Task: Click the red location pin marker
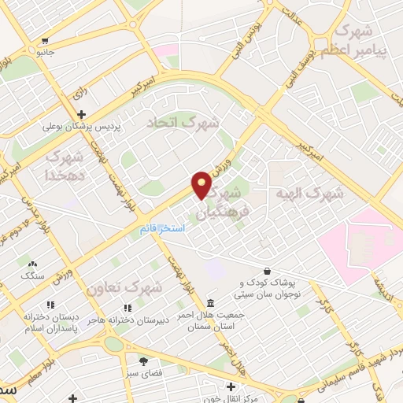202,184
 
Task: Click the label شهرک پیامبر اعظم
364,39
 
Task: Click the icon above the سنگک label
32,264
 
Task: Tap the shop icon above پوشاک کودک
268,272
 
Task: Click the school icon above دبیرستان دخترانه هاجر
126,308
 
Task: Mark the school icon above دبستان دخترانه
50,304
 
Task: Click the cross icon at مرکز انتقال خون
230,386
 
